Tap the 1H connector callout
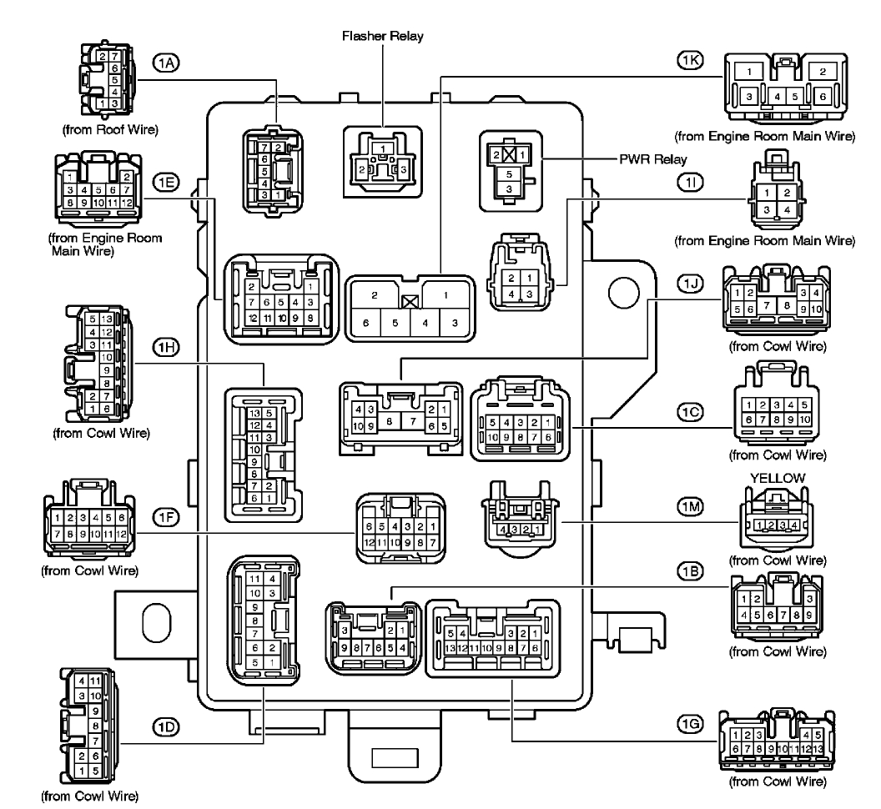click(163, 344)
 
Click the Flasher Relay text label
click(382, 37)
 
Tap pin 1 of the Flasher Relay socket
click(382, 148)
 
